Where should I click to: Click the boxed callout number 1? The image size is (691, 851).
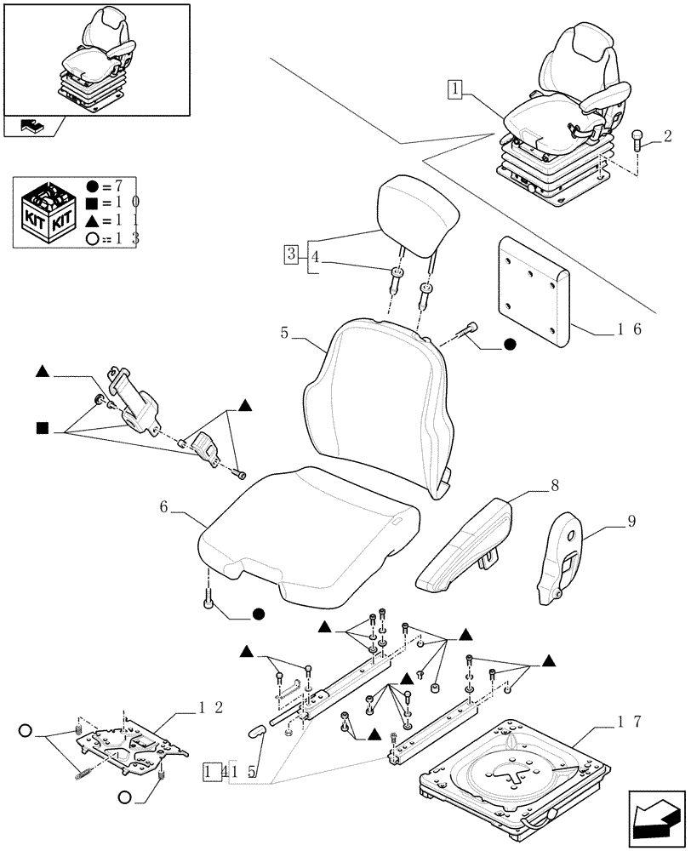pyautogui.click(x=455, y=89)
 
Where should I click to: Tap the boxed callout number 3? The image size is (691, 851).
pyautogui.click(x=291, y=254)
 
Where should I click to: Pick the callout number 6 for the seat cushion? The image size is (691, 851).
pyautogui.click(x=163, y=508)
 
